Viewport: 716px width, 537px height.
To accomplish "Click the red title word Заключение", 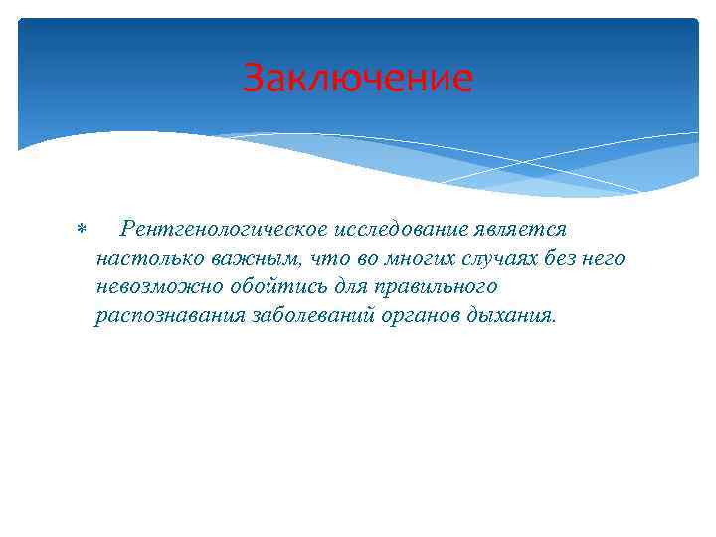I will coord(358,78).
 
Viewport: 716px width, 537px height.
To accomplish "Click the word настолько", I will coord(145,259).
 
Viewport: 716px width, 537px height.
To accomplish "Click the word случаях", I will coord(498,259).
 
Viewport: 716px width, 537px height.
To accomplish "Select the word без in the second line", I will coord(560,259).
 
